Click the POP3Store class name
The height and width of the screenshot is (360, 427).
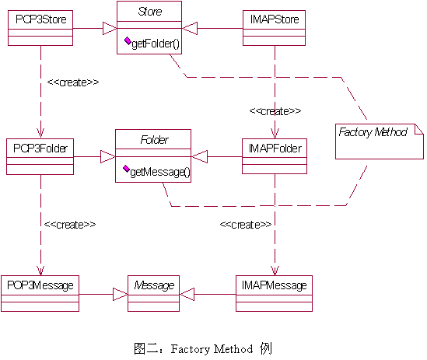[x=41, y=19]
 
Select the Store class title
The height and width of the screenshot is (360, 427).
[x=150, y=12]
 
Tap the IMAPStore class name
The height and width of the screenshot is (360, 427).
[x=275, y=19]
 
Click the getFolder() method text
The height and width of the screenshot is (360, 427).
[x=156, y=44]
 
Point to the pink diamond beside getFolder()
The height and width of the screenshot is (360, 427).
[x=128, y=41]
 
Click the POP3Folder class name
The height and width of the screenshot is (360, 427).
[x=40, y=149]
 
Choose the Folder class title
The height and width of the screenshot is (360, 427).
[x=155, y=140]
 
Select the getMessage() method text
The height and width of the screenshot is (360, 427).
[x=160, y=172]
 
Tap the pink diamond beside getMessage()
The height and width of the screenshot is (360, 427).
[x=126, y=169]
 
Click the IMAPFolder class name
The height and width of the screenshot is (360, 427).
[x=275, y=149]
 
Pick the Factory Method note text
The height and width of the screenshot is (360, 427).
[x=373, y=132]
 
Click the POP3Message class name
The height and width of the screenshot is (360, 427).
[x=40, y=285]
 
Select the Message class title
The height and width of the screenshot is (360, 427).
[x=154, y=285]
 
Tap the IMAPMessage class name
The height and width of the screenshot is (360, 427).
[x=275, y=285]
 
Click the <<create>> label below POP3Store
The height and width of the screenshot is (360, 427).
[x=73, y=82]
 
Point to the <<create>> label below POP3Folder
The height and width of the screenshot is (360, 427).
[x=70, y=225]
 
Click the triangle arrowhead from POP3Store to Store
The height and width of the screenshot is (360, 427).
[x=110, y=28]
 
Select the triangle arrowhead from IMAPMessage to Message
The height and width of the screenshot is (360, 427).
[x=187, y=294]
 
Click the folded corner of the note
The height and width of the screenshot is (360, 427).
[x=419, y=129]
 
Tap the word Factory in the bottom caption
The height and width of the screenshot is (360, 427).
[x=191, y=349]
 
